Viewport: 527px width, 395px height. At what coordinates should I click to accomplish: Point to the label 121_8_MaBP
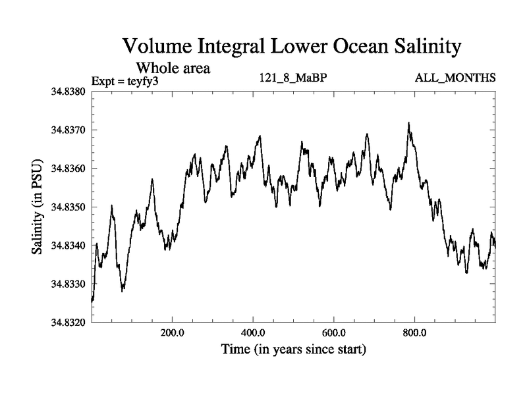(294, 78)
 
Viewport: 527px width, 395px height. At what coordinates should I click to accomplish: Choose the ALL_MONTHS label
(455, 78)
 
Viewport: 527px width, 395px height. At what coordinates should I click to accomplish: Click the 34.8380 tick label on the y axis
(69, 91)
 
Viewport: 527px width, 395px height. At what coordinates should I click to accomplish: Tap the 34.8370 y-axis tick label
(69, 130)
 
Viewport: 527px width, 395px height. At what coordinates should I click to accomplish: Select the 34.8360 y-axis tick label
(69, 169)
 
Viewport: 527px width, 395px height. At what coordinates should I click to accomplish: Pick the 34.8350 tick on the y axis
(69, 207)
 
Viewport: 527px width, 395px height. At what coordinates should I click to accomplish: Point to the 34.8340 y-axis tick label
(69, 246)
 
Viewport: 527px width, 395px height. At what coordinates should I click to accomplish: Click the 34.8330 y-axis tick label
(69, 284)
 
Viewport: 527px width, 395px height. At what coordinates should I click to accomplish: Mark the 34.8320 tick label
(69, 323)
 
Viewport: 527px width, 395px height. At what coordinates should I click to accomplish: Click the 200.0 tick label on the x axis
(172, 332)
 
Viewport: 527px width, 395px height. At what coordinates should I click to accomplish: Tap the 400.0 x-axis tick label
(253, 332)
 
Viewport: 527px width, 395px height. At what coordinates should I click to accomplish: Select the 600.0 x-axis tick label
(334, 332)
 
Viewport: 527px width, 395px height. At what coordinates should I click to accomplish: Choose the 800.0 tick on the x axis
(415, 332)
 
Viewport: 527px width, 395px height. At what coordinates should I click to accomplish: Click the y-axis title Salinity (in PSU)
(38, 207)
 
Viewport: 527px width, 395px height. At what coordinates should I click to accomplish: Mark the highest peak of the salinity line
(409, 122)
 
